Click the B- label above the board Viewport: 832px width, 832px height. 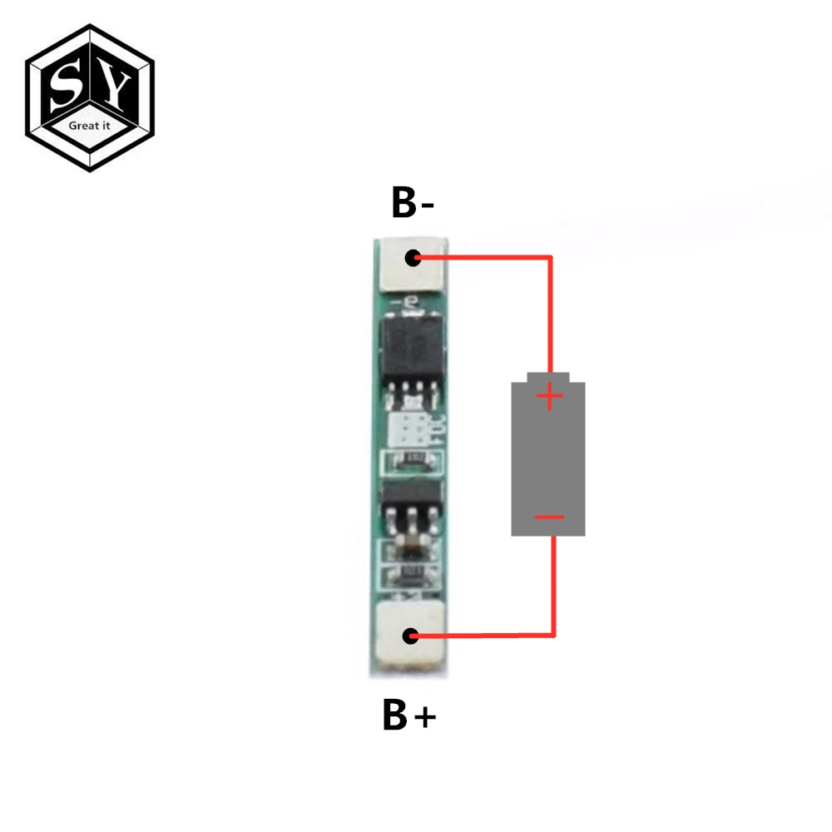pyautogui.click(x=413, y=203)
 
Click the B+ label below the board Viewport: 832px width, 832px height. pyautogui.click(x=409, y=716)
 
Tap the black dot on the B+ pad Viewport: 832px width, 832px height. pyautogui.click(x=410, y=636)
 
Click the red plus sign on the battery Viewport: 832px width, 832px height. pyautogui.click(x=549, y=398)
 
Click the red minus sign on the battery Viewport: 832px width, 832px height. pyautogui.click(x=549, y=518)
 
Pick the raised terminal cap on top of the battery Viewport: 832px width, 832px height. pyautogui.click(x=548, y=377)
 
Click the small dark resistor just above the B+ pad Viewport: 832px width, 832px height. pyautogui.click(x=409, y=574)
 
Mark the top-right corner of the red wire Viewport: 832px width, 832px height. pyautogui.click(x=551, y=259)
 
